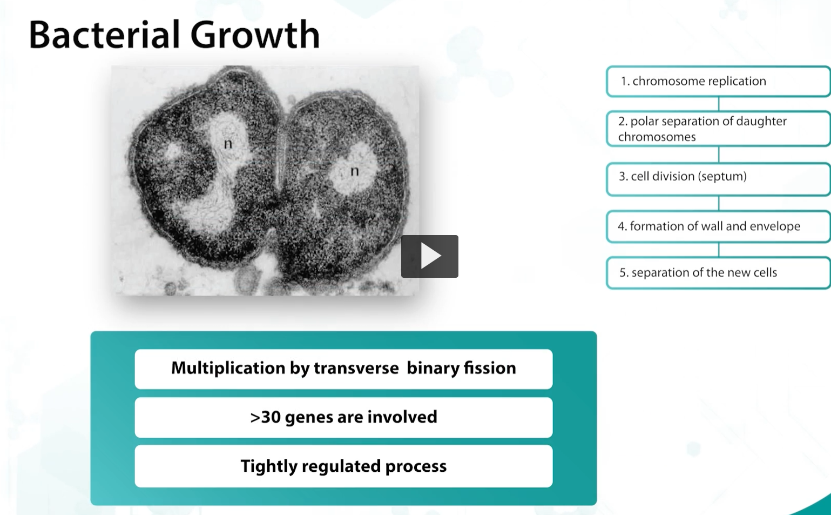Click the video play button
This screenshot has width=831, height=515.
click(x=429, y=256)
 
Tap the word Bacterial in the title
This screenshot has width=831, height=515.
click(x=104, y=35)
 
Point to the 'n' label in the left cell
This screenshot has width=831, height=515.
click(x=228, y=144)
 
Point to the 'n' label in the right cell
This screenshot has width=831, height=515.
click(x=354, y=171)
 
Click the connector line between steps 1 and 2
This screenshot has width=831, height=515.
click(x=719, y=104)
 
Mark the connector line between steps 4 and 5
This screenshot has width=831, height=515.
click(x=719, y=250)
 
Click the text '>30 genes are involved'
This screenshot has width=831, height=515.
click(x=343, y=417)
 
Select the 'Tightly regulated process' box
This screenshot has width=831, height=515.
click(x=343, y=466)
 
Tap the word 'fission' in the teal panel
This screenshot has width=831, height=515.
click(x=490, y=368)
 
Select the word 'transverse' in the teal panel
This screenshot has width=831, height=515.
click(x=356, y=368)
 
